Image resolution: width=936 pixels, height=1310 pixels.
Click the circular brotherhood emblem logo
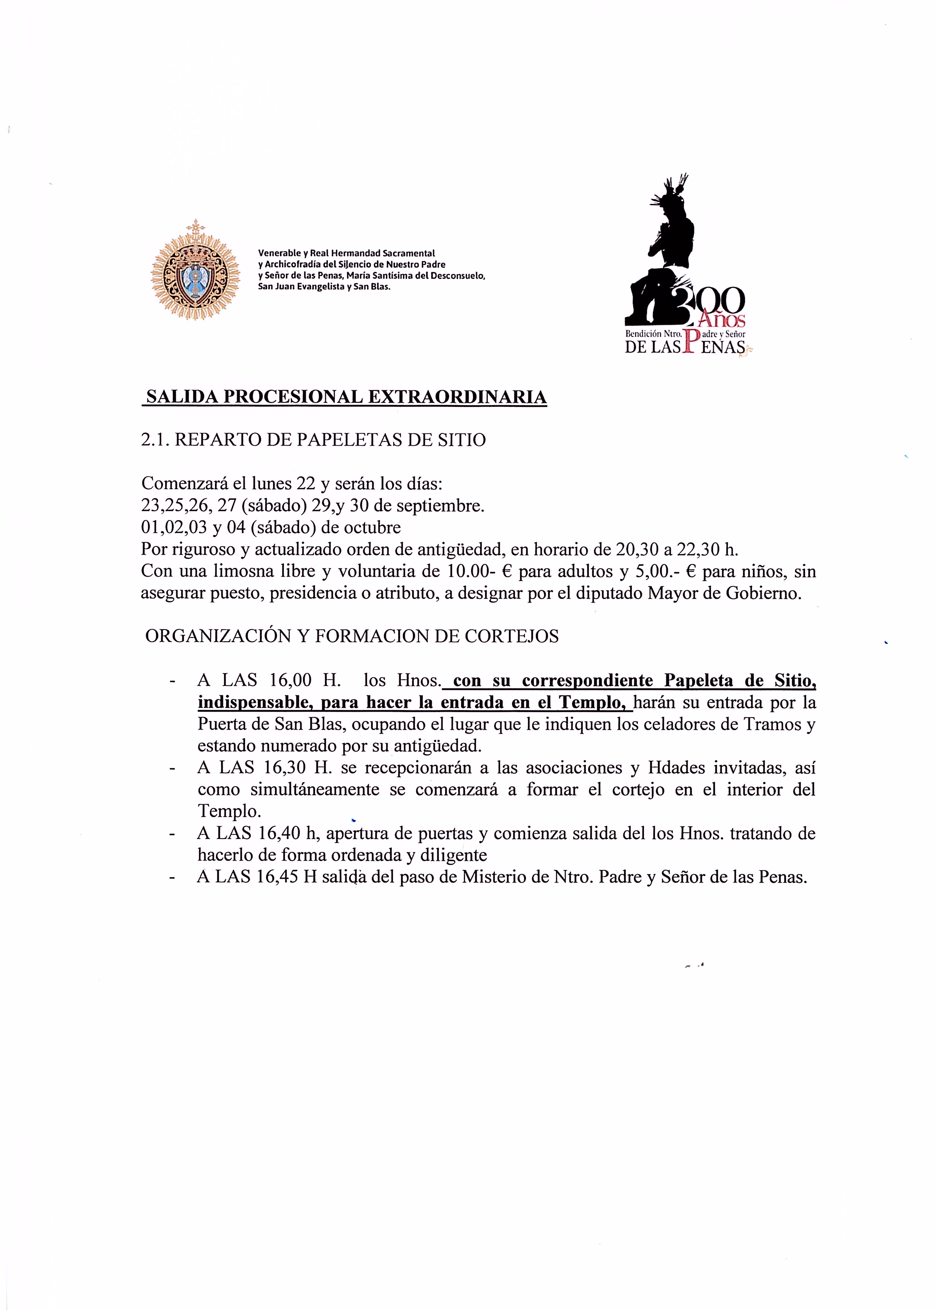195,270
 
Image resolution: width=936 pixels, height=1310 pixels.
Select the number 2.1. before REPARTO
155,440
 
